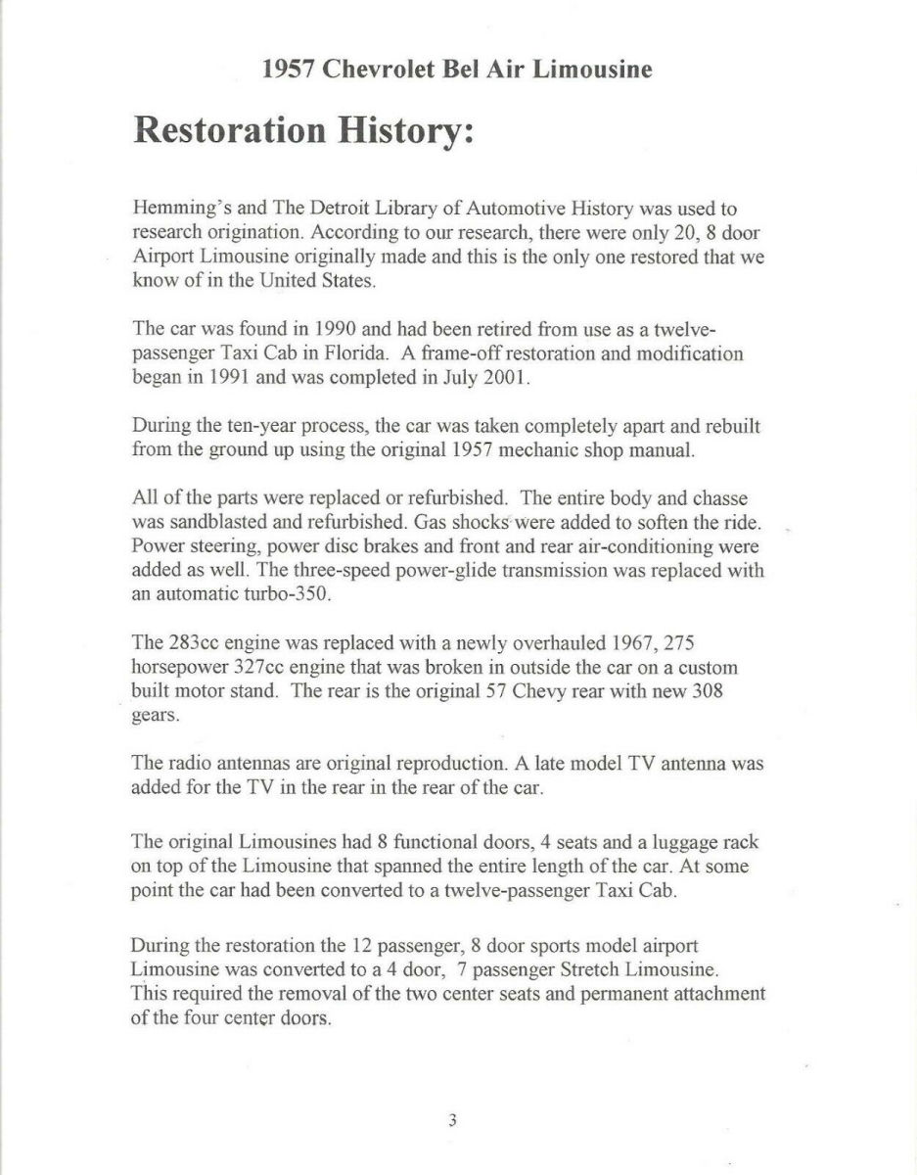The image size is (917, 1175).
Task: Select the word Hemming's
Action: pos(175,209)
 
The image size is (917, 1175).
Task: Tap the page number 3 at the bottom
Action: pos(452,1120)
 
